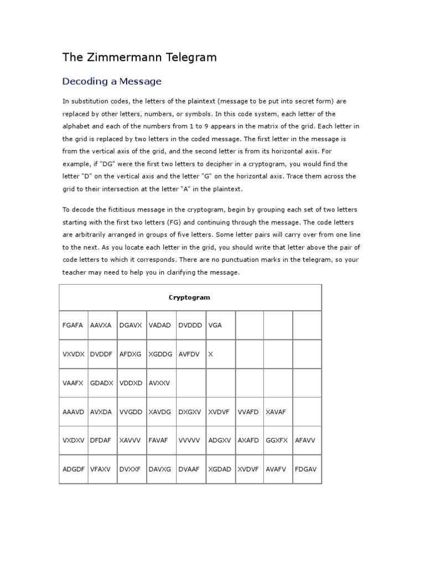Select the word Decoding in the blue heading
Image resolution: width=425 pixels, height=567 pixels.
pyautogui.click(x=81, y=81)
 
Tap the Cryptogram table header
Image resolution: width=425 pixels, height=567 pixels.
pyautogui.click(x=189, y=297)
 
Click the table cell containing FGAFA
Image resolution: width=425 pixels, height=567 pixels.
pyautogui.click(x=72, y=325)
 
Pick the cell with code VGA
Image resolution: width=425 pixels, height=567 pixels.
pyautogui.click(x=215, y=325)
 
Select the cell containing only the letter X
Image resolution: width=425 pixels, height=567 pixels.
pyautogui.click(x=210, y=354)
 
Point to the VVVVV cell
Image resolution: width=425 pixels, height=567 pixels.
pyautogui.click(x=189, y=440)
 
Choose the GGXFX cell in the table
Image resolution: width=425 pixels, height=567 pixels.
pyautogui.click(x=277, y=440)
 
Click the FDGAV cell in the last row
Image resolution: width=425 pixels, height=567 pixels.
pyautogui.click(x=306, y=469)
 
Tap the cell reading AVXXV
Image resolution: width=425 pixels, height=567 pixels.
pyautogui.click(x=160, y=383)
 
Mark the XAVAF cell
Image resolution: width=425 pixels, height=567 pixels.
pyautogui.click(x=277, y=411)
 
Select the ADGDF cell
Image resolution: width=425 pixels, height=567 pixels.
pyautogui.click(x=74, y=469)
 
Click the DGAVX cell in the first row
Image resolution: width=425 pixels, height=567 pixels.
pyautogui.click(x=131, y=325)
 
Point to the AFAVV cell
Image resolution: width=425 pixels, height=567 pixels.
pyautogui.click(x=306, y=440)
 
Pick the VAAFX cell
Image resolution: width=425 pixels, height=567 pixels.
pyautogui.click(x=73, y=383)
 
